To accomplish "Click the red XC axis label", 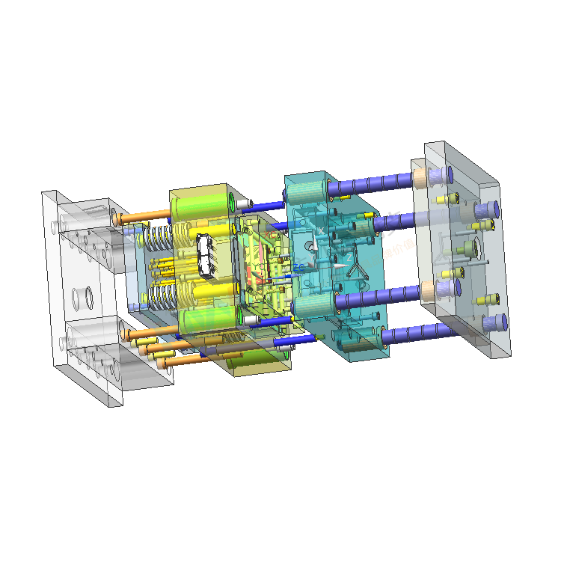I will coord(267,234).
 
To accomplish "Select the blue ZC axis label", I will coord(298,267).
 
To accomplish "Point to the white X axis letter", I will coord(322,230).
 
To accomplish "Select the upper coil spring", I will coord(159,239).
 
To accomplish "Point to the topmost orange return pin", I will coord(142,218).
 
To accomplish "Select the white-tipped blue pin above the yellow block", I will coord(258,203).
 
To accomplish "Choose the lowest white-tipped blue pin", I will coord(292,342).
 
